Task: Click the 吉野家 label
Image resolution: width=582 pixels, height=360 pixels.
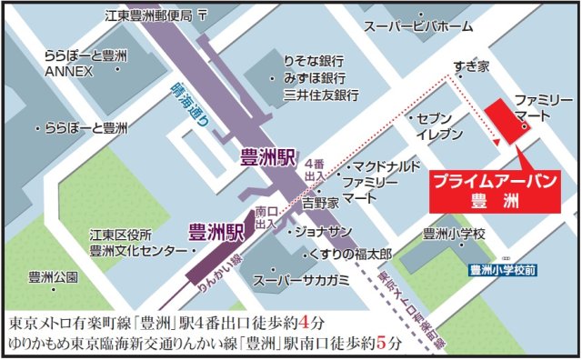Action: coord(320,202)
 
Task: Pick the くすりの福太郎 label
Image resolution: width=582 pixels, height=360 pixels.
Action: coord(350,252)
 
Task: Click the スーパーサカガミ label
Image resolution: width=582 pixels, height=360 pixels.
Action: coord(300,279)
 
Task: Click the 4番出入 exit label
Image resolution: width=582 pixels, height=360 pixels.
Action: coord(315,169)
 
